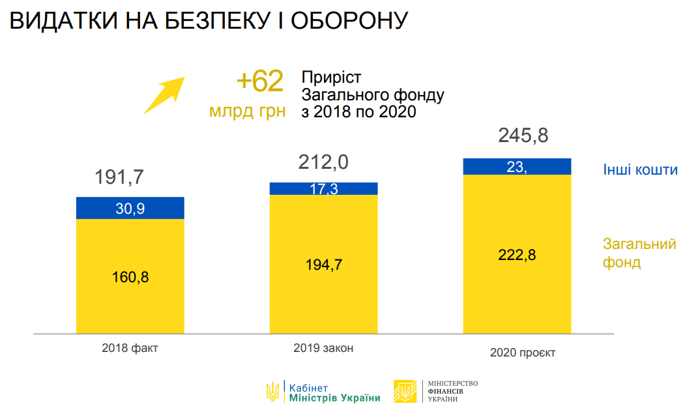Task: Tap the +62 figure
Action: click(x=259, y=81)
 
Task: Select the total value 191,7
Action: click(x=119, y=177)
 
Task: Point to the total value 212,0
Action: click(x=323, y=162)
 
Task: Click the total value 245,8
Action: click(x=523, y=136)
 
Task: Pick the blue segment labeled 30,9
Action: click(x=130, y=208)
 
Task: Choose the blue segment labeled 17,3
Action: click(x=324, y=188)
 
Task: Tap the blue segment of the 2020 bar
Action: click(x=517, y=167)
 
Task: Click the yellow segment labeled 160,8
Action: click(x=130, y=276)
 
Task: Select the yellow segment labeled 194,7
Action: click(x=324, y=264)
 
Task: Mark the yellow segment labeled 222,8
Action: click(x=517, y=254)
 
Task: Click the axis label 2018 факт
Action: click(x=130, y=348)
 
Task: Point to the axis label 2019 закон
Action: click(x=324, y=348)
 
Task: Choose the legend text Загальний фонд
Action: click(x=639, y=254)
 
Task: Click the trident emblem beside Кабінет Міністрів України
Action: click(x=273, y=391)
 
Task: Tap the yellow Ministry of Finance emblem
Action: click(x=405, y=391)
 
